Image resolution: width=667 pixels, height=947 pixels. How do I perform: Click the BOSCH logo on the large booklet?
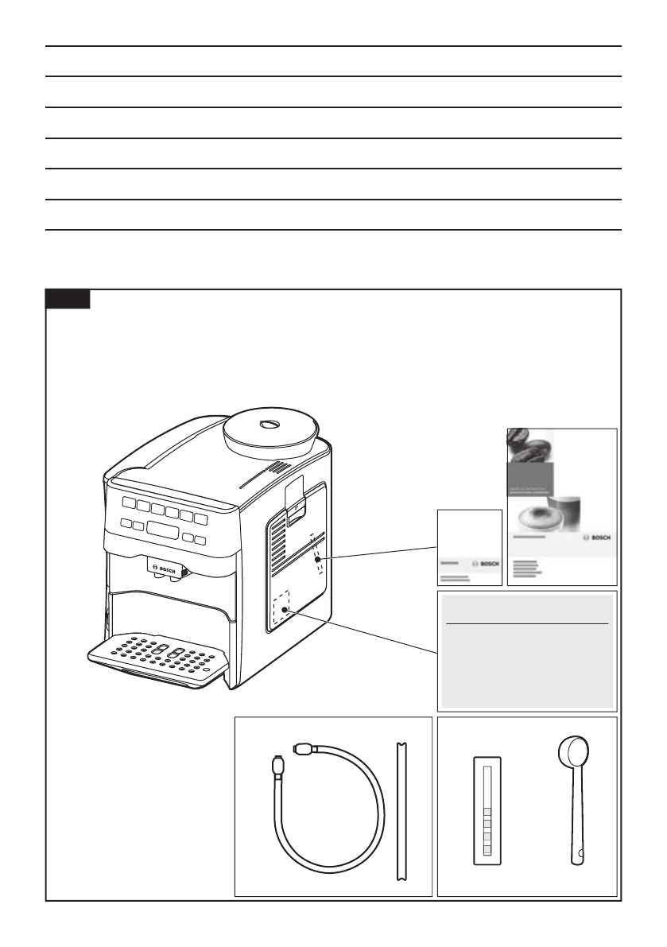coord(596,538)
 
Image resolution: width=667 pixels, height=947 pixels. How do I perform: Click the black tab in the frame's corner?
coord(68,299)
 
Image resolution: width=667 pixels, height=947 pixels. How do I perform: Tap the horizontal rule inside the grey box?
coord(527,624)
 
